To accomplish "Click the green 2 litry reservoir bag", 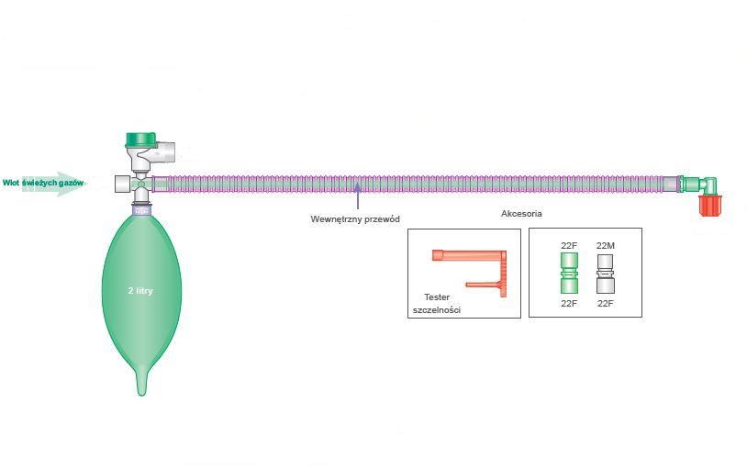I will point(140,294).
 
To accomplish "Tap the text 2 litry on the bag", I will point(140,290).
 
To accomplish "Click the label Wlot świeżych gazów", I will point(43,184).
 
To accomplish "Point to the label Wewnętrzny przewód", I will point(355,218).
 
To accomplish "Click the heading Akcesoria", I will point(521,214).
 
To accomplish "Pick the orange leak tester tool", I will point(477,270).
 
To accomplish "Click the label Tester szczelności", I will point(437,304).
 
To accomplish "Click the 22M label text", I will point(606,246).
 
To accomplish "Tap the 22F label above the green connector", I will point(570,246).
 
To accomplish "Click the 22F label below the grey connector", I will point(606,303).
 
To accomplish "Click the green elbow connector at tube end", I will point(705,182).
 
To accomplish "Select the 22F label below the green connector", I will point(570,303).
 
